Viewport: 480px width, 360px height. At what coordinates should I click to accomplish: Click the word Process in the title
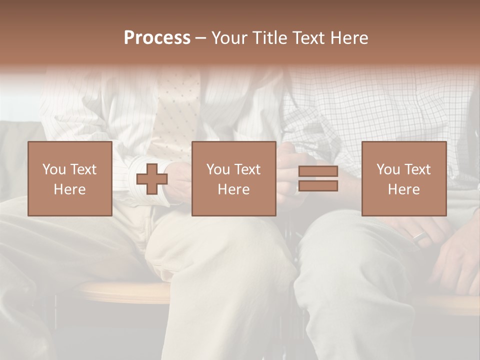pyautogui.click(x=157, y=38)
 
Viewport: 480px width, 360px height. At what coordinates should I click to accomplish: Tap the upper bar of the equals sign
pyautogui.click(x=318, y=171)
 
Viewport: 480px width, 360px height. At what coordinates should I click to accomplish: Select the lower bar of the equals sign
pyautogui.click(x=318, y=186)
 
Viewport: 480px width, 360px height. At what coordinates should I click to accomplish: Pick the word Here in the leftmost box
pyautogui.click(x=69, y=189)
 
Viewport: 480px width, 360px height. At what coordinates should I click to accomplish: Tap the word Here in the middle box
pyautogui.click(x=233, y=189)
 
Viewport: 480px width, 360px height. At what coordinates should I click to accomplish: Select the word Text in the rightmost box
pyautogui.click(x=417, y=169)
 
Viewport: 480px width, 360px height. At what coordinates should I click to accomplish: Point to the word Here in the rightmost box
pyautogui.click(x=403, y=189)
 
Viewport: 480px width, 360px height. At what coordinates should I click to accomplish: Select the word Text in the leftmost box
pyautogui.click(x=83, y=169)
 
